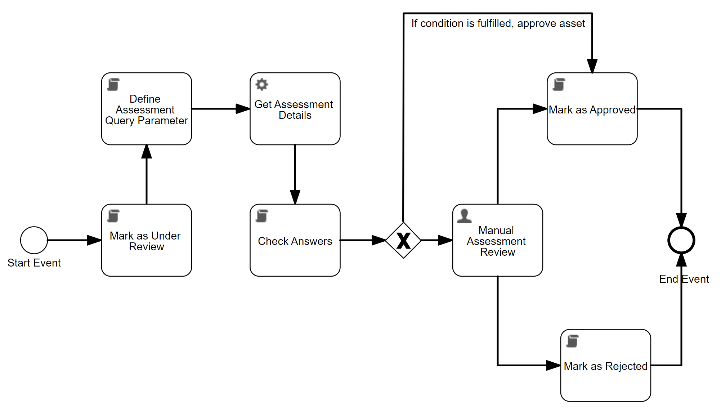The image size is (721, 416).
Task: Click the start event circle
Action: [x=34, y=240]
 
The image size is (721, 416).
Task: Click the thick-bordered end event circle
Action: [x=681, y=240]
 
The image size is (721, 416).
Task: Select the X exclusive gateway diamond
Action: [x=403, y=240]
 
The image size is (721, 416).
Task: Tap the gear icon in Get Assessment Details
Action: [x=262, y=85]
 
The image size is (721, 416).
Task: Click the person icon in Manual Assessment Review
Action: [x=464, y=216]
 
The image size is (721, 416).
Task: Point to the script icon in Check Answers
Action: [x=262, y=216]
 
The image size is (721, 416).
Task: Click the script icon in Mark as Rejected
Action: [x=572, y=341]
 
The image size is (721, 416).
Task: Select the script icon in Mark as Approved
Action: [x=559, y=85]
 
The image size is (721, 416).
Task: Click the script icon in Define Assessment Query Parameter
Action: [x=113, y=85]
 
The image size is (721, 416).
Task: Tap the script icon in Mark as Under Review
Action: [x=113, y=216]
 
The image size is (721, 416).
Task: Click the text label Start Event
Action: [x=34, y=263]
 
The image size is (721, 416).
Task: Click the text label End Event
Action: [x=684, y=279]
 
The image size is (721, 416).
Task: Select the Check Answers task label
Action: [x=295, y=241]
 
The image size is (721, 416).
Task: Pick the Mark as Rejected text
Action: [x=605, y=366]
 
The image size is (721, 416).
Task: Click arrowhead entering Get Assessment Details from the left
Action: [x=243, y=109]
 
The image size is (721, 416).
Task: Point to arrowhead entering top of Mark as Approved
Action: [x=592, y=66]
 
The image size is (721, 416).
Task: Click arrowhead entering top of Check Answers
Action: [x=295, y=197]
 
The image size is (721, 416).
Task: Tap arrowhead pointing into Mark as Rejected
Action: [x=554, y=365]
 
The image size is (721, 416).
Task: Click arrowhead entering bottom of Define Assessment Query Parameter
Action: [x=147, y=152]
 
